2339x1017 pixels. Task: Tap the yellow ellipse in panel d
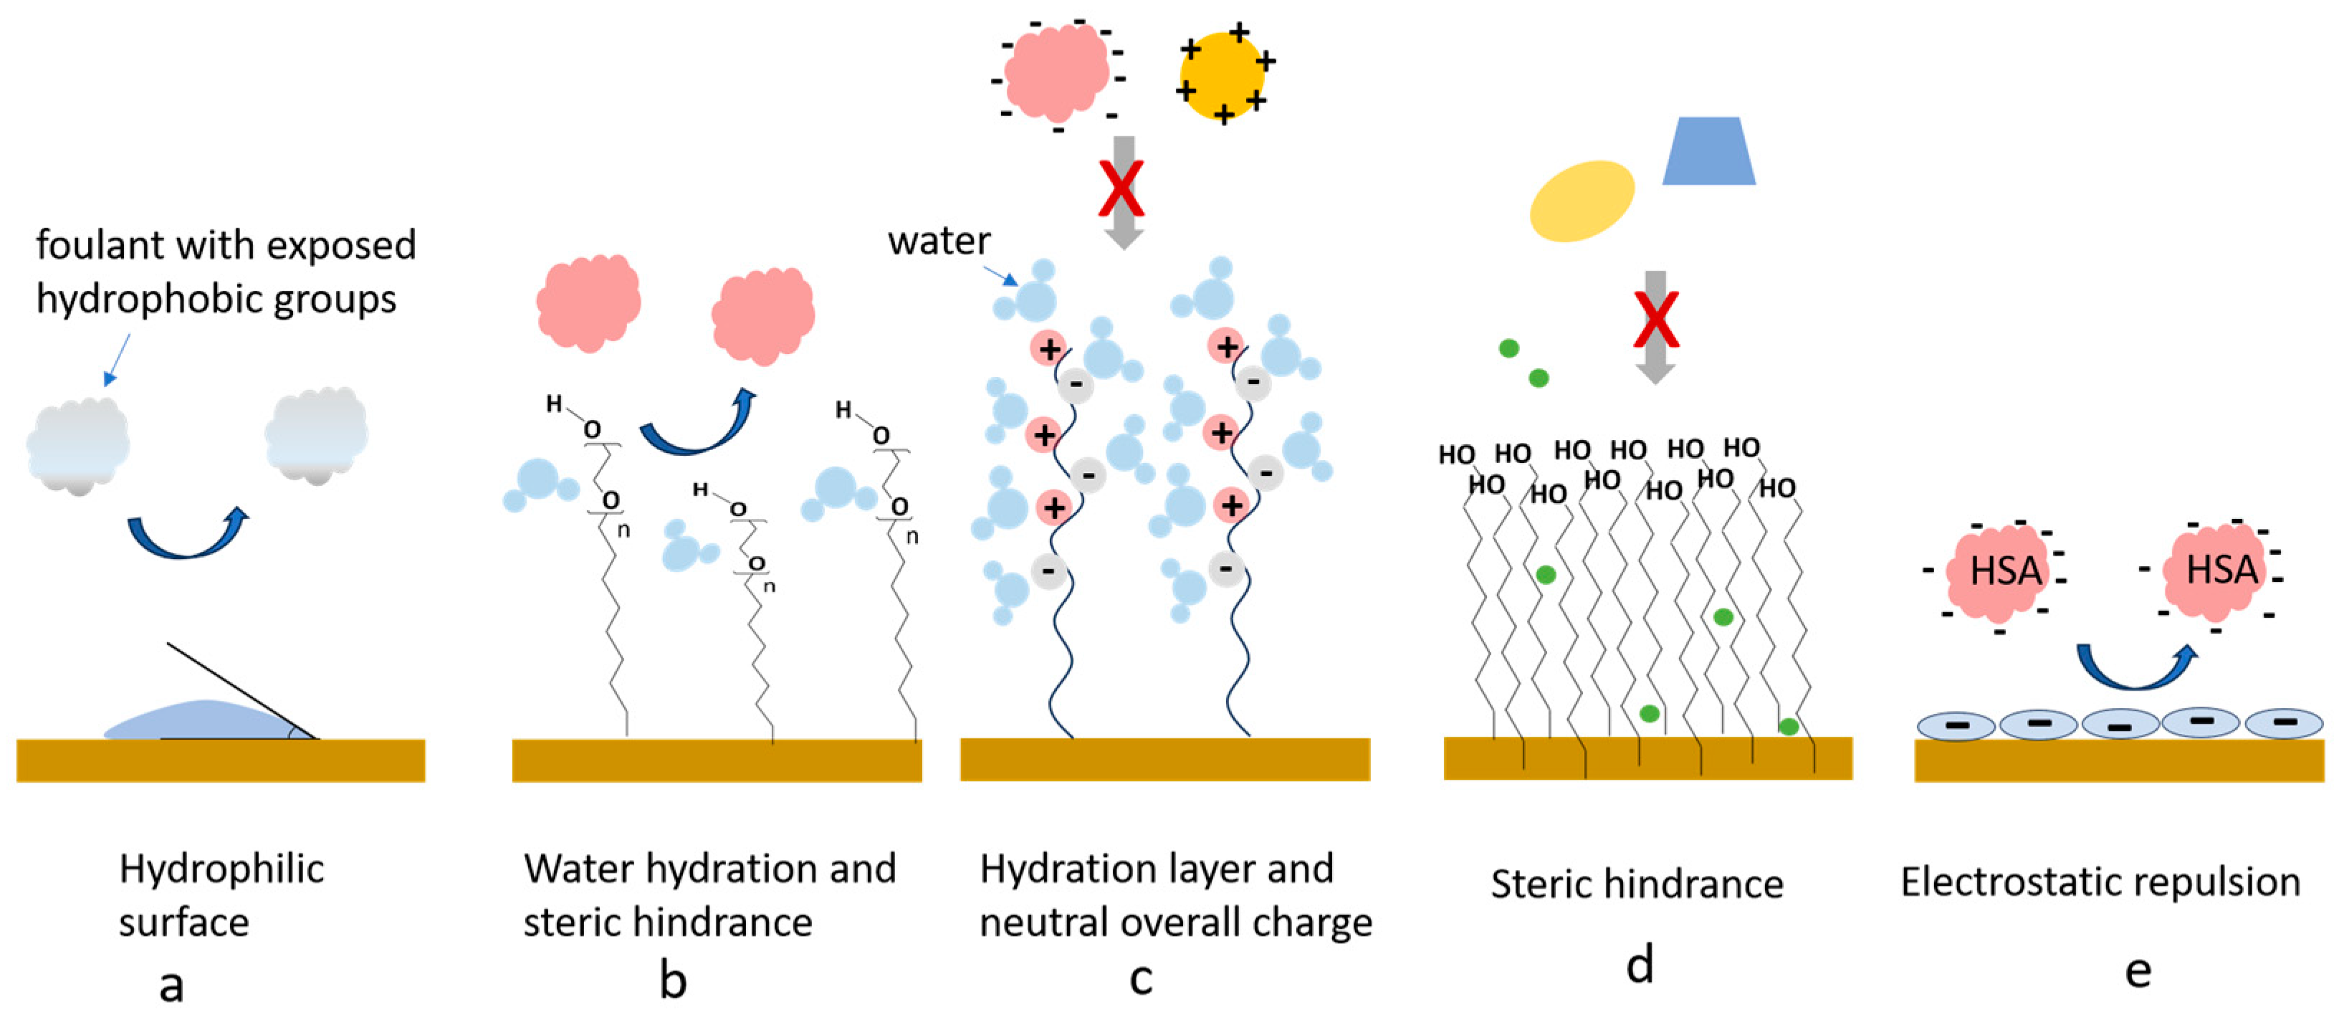point(1582,201)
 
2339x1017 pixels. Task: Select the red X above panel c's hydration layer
point(1123,189)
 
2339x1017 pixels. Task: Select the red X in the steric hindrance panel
point(1655,320)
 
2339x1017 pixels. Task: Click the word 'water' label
point(939,242)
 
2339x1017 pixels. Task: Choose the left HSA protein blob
point(2005,572)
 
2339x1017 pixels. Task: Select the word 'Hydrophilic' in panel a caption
point(221,869)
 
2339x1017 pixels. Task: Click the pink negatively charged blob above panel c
point(1056,72)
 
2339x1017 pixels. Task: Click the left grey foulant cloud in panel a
point(78,446)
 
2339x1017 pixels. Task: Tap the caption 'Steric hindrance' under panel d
point(1636,884)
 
